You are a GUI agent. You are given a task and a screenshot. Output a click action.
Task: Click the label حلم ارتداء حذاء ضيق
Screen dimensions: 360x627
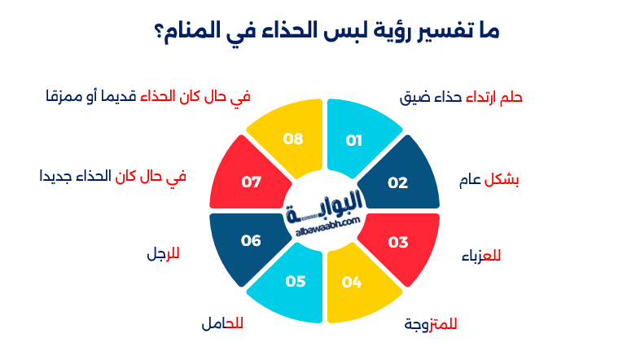pyautogui.click(x=461, y=98)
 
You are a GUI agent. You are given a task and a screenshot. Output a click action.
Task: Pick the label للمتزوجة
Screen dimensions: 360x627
pyautogui.click(x=431, y=324)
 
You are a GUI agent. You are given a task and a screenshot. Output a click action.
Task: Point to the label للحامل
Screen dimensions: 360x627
pyautogui.click(x=222, y=324)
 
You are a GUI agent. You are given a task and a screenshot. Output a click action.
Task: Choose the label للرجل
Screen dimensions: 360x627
pyautogui.click(x=163, y=253)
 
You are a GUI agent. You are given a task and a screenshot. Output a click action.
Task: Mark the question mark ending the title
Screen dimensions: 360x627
pyautogui.click(x=158, y=33)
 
